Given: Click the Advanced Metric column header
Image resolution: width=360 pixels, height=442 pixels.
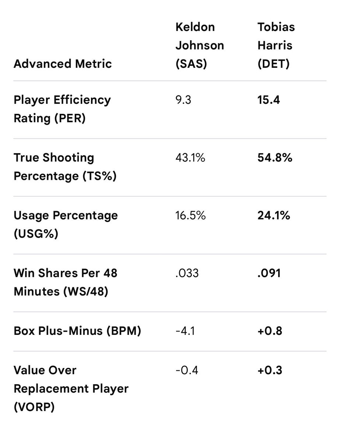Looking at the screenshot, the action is click(63, 64).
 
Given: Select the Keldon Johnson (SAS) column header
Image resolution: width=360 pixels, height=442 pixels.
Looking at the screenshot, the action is click(199, 45).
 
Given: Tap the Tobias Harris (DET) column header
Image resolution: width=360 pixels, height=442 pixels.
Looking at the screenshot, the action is click(276, 45).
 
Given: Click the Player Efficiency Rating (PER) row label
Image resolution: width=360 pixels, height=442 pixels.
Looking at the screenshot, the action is click(62, 109).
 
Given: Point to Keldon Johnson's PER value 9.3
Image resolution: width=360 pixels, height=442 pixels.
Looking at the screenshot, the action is click(183, 100).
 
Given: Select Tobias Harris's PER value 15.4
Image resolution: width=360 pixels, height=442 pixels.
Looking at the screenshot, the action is click(269, 100).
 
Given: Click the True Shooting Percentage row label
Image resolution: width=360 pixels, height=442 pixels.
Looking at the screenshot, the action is click(65, 166).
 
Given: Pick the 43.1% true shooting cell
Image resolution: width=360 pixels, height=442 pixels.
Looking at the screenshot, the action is click(190, 158).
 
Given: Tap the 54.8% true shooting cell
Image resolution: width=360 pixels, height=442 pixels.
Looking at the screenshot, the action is click(275, 158).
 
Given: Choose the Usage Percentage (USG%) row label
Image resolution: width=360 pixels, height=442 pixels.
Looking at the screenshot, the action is click(66, 225).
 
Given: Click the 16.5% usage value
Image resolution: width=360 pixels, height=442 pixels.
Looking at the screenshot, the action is click(191, 215).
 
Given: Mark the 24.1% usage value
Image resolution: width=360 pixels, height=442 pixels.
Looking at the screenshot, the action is click(274, 215).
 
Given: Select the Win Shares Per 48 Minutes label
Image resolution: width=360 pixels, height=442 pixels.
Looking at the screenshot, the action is click(65, 282).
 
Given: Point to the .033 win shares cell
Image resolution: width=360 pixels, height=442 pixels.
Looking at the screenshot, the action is click(187, 273).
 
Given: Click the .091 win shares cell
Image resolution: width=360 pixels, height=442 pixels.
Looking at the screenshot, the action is click(269, 273).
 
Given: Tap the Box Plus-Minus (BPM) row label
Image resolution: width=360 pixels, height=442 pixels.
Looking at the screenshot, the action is click(77, 331).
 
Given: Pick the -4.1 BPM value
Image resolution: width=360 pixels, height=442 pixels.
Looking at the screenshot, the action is click(185, 331).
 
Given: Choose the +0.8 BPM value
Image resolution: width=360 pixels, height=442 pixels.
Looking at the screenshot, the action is click(270, 331).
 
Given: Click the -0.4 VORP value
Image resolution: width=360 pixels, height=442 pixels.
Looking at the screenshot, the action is click(187, 370).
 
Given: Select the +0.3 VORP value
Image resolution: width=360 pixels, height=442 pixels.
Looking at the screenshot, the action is click(270, 370).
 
